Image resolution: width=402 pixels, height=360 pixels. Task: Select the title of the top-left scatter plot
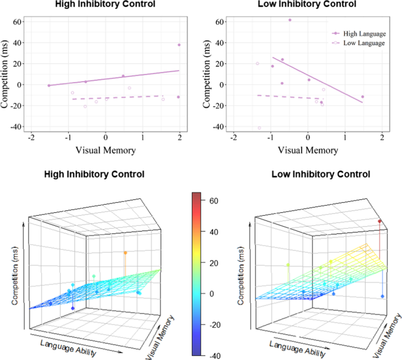tap(105, 5)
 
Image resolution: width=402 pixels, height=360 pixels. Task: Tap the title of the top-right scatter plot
tap(308, 5)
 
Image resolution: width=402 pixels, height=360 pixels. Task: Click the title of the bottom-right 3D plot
tap(320, 175)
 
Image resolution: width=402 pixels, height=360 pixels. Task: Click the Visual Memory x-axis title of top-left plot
tap(105, 150)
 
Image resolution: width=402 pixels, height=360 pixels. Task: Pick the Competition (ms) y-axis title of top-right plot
tap(207, 73)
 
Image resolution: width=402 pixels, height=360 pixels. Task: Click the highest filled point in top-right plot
tap(289, 20)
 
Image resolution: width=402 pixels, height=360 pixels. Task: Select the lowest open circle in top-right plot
tap(259, 128)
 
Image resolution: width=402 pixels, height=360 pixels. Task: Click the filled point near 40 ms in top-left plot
tap(179, 45)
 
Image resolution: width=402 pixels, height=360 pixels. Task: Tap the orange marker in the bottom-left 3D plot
tap(125, 253)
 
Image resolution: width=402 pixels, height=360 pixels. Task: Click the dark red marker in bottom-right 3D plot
tap(380, 221)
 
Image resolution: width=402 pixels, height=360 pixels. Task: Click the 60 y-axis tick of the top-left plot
tap(17, 22)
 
